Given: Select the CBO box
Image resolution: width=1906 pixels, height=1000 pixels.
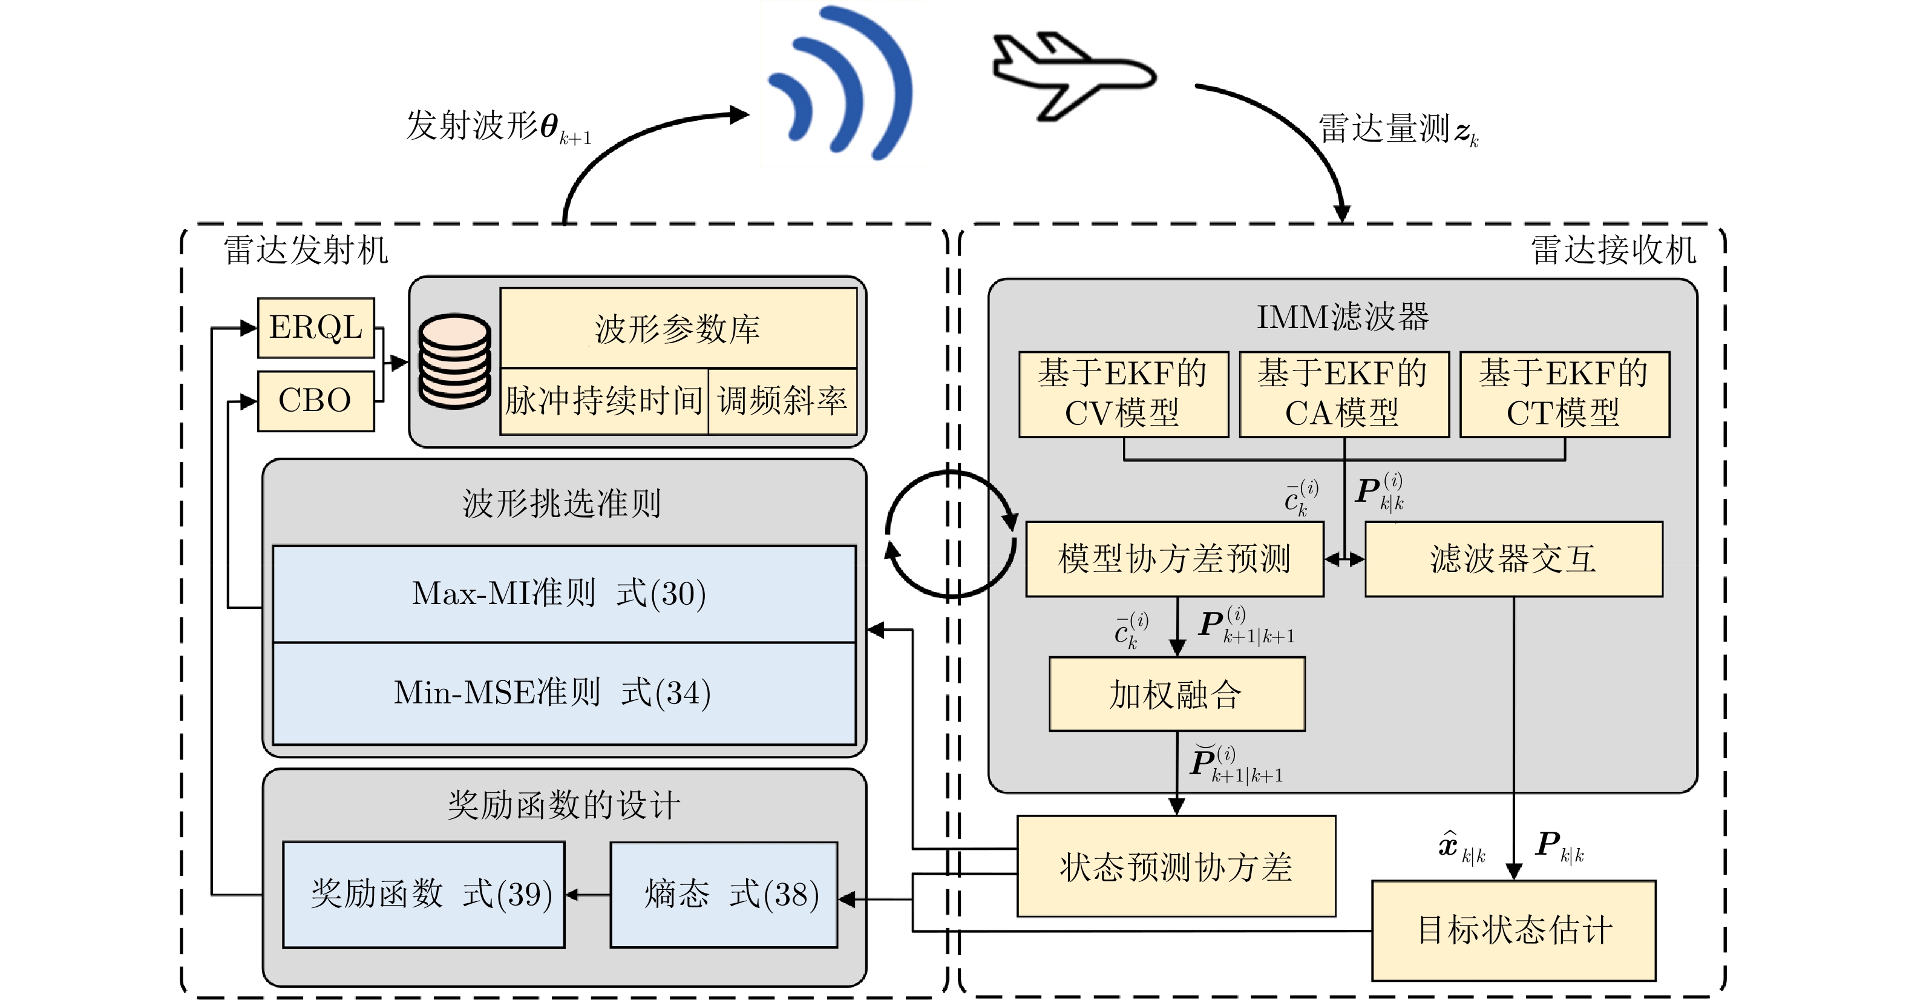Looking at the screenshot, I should click(x=316, y=401).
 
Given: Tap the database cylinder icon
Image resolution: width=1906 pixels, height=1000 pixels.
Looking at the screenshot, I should click(x=454, y=362).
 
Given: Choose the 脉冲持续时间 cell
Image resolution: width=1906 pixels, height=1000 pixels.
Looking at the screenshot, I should click(x=604, y=401).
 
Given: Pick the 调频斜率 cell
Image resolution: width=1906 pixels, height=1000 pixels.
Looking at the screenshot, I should click(x=782, y=401).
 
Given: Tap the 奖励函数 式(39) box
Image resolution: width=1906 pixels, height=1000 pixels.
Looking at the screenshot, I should click(x=424, y=894).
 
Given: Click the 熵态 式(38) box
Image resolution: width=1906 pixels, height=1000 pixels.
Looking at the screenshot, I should click(x=724, y=894).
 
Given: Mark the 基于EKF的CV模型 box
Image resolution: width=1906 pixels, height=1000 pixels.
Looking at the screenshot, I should click(x=1123, y=394).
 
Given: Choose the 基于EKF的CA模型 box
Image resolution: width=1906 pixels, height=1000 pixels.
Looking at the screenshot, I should click(x=1344, y=394).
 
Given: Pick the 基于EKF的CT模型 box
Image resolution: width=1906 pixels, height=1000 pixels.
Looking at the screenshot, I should click(x=1564, y=394).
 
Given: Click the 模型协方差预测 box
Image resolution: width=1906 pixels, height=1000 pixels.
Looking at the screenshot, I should click(x=1174, y=559).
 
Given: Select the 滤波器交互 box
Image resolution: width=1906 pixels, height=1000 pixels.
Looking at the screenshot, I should click(x=1514, y=559).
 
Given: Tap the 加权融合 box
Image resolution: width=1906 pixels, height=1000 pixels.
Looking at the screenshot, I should click(x=1176, y=694).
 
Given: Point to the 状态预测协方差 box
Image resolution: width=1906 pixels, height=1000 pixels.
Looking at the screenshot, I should click(x=1176, y=867).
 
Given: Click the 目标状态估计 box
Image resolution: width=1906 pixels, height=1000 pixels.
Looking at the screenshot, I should click(x=1514, y=930).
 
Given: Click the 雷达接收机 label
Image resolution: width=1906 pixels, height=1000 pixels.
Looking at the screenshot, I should click(x=1613, y=250).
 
